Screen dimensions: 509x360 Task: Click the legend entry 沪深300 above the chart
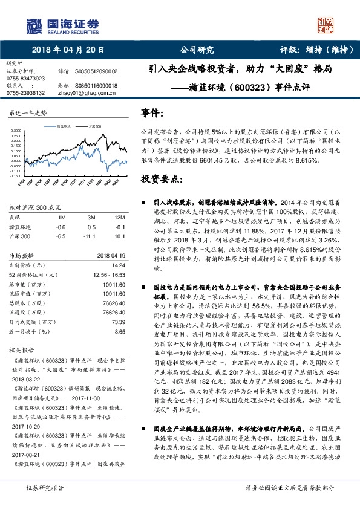(94, 126)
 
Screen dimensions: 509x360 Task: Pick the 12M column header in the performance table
(119, 217)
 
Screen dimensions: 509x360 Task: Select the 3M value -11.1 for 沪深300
(91, 235)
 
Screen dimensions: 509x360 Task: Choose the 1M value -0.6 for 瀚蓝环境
(61, 226)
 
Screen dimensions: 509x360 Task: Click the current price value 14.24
(119, 264)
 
